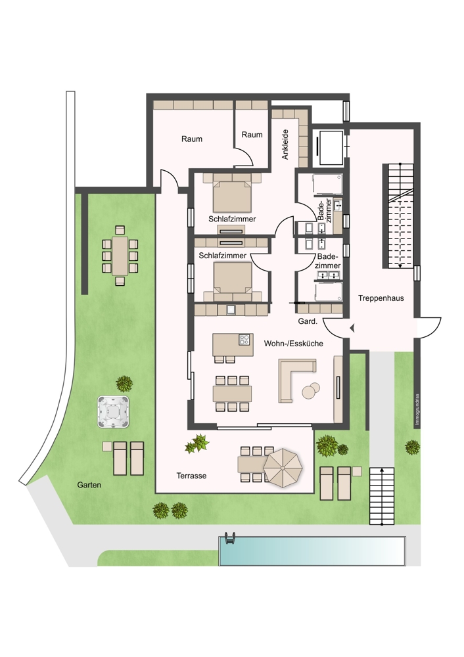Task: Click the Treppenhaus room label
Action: (x=381, y=298)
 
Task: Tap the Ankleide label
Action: (x=285, y=144)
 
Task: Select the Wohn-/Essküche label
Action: (x=293, y=344)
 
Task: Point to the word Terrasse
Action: (x=191, y=476)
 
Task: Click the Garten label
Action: (x=89, y=485)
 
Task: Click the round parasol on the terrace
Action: (x=283, y=468)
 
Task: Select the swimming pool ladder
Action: (x=229, y=538)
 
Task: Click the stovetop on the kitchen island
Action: (x=244, y=340)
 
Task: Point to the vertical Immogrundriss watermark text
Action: (x=417, y=410)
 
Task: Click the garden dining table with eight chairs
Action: (x=120, y=256)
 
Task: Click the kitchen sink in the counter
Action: (x=231, y=309)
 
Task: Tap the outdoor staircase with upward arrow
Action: (x=382, y=497)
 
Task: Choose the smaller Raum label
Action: (x=252, y=135)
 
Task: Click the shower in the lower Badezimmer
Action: (x=329, y=292)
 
